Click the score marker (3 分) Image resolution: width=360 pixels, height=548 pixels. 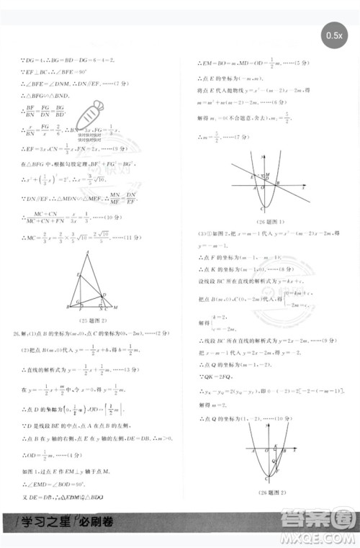(127, 370)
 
